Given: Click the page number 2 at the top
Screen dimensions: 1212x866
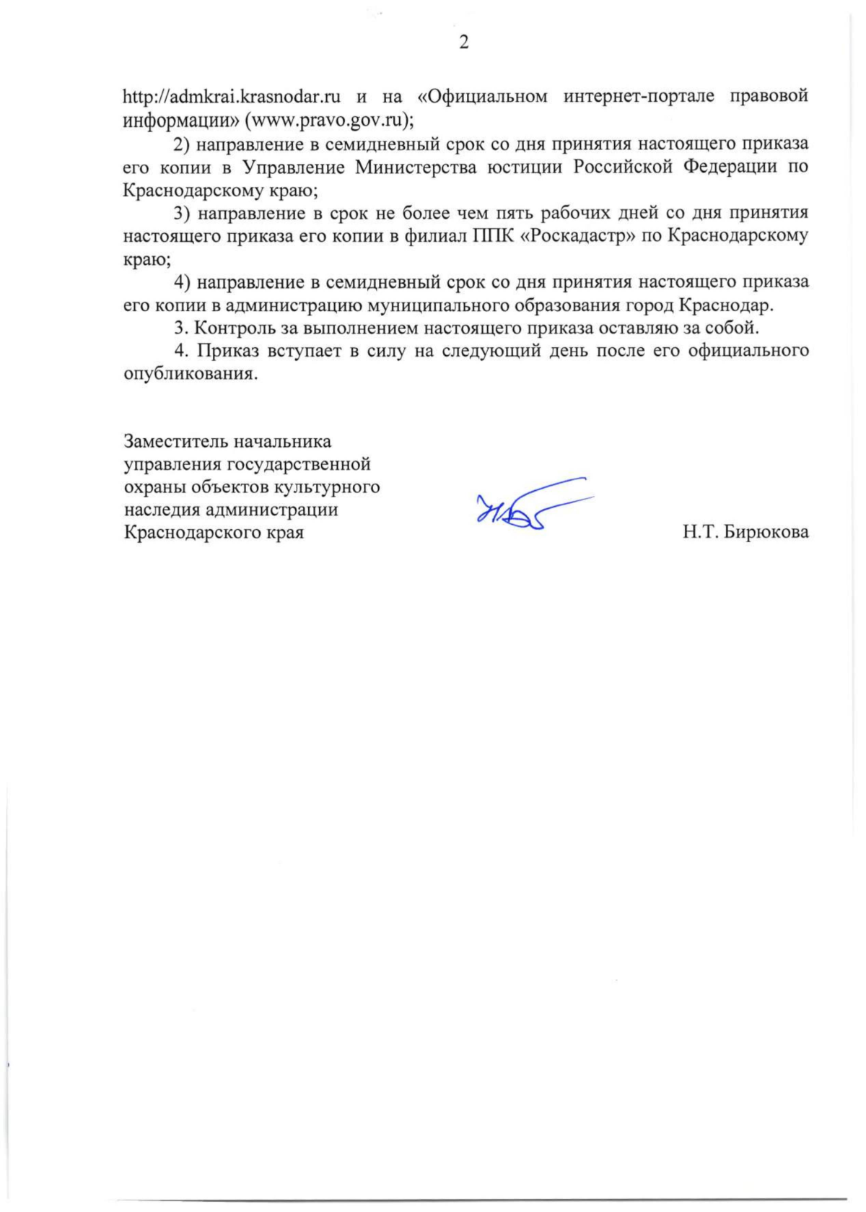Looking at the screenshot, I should tap(463, 43).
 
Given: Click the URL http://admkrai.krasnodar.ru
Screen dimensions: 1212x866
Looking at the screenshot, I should tap(232, 96).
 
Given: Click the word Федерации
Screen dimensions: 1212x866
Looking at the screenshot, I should tap(729, 167).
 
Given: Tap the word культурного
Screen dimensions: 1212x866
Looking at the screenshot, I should tap(332, 487).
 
